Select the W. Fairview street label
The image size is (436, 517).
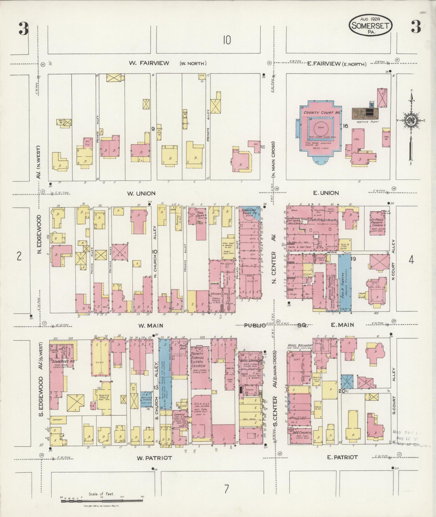point(149,63)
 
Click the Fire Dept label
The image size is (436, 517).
point(200,214)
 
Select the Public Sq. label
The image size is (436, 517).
point(274,326)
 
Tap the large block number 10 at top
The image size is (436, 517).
point(227,41)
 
